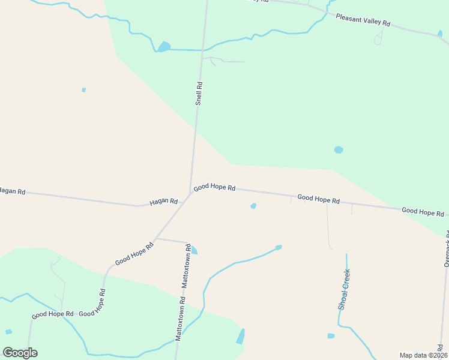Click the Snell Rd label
(199, 94)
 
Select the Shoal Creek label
(344, 289)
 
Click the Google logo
(20, 353)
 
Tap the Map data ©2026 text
(423, 355)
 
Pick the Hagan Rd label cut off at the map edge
(12, 191)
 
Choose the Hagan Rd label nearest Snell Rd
(163, 202)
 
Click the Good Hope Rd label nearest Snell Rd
(214, 187)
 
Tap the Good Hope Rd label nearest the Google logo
(52, 314)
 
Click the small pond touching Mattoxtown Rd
(194, 250)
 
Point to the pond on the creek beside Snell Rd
(164, 46)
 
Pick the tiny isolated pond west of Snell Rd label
(84, 90)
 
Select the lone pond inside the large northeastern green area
(339, 149)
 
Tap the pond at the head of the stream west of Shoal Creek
(279, 247)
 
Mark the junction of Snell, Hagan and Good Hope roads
(191, 193)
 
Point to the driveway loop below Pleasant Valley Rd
(378, 39)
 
